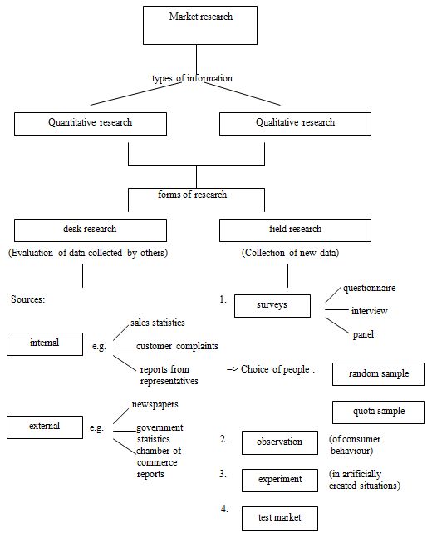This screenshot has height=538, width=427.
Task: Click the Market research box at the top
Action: (195, 24)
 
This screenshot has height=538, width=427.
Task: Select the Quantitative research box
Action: (91, 123)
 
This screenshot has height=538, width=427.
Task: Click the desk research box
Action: (91, 230)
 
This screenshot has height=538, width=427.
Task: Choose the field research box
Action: (295, 230)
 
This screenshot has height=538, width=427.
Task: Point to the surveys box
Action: (272, 305)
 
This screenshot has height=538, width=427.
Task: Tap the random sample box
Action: (378, 374)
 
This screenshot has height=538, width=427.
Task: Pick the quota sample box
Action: (378, 412)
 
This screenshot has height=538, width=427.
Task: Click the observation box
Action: (280, 443)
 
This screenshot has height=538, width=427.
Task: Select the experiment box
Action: (280, 480)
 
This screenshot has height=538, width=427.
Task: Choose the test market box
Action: (280, 518)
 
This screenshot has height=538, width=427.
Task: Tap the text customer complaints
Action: (177, 346)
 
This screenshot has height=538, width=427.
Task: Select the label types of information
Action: (192, 78)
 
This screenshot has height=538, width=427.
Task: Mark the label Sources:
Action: (27, 299)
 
